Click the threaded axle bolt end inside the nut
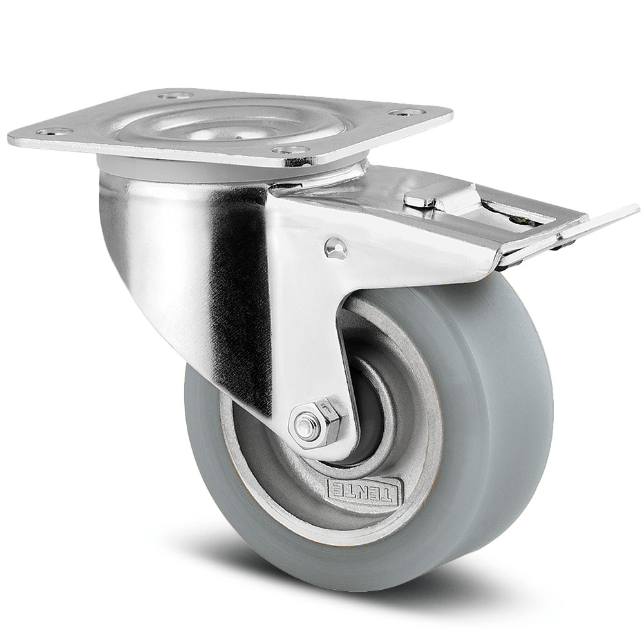pyautogui.click(x=307, y=426)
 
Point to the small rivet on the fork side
pyautogui.click(x=335, y=248)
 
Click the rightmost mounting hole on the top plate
pyautogui.click(x=406, y=113)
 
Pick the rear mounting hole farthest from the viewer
pyautogui.click(x=175, y=95)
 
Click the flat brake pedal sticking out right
pyautogui.click(x=599, y=221)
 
